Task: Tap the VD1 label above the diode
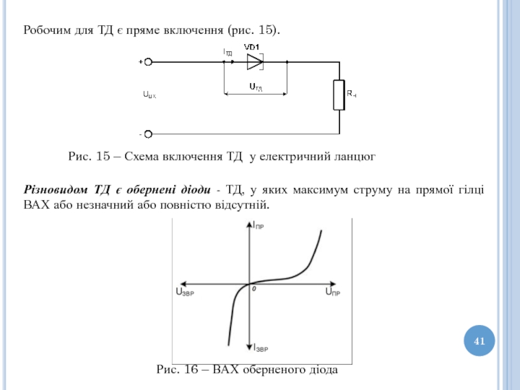pos(252,46)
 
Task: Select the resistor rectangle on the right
pos(339,95)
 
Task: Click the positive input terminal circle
pos(148,62)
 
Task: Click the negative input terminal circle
pos(148,134)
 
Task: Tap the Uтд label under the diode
pos(255,86)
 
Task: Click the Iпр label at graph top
pos(259,226)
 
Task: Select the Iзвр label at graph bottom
pos(260,348)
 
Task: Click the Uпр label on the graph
pos(333,292)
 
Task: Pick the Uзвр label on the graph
pos(185,292)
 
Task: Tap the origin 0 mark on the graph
pos(255,289)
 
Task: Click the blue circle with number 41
pos(480,341)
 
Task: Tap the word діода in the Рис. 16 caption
pos(322,370)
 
